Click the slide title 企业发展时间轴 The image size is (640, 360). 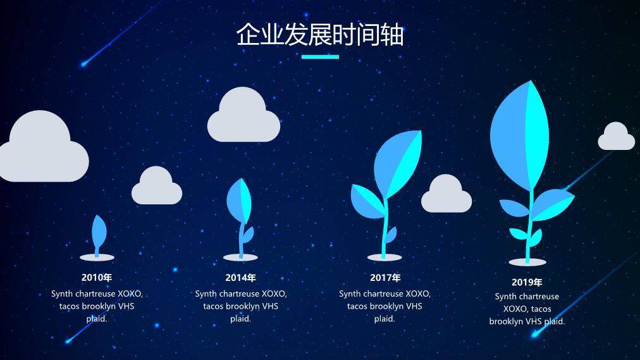pyautogui.click(x=320, y=35)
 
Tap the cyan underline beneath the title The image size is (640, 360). pyautogui.click(x=320, y=57)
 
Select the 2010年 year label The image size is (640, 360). pyautogui.click(x=97, y=277)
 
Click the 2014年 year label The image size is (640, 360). pyautogui.click(x=240, y=277)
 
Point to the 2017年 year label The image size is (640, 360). pyautogui.click(x=385, y=277)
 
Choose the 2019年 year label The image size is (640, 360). pyautogui.click(x=527, y=282)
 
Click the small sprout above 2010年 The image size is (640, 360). pyautogui.click(x=98, y=233)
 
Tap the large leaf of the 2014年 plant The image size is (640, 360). pyautogui.click(x=238, y=201)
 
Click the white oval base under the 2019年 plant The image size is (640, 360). pyautogui.click(x=527, y=261)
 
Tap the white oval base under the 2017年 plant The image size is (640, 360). pyautogui.click(x=385, y=257)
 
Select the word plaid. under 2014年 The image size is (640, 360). pyautogui.click(x=240, y=319)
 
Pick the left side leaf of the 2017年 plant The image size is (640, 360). pyautogui.click(x=366, y=199)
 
